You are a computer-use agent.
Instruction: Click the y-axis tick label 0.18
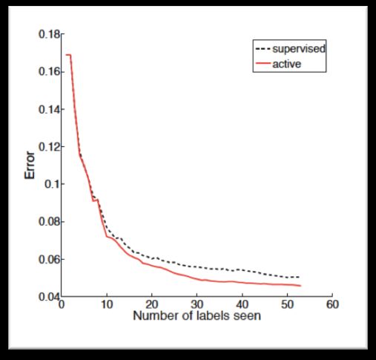tap(50, 34)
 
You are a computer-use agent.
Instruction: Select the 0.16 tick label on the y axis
tap(50, 72)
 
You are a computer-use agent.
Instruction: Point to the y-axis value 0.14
tap(50, 109)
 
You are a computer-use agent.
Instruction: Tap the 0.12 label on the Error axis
tap(50, 147)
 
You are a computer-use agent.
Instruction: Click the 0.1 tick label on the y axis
tap(53, 184)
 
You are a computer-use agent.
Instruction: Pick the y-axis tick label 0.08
tap(50, 221)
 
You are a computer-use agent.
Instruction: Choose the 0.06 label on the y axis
tap(50, 259)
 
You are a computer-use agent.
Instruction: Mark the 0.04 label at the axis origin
tap(49, 296)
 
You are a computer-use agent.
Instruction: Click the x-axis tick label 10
tap(107, 304)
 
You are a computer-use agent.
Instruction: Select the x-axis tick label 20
tap(152, 304)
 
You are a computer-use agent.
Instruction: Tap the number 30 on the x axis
tap(197, 304)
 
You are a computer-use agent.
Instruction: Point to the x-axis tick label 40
tap(243, 304)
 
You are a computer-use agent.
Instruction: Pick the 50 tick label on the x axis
tap(287, 304)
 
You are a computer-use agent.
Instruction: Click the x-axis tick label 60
tap(332, 304)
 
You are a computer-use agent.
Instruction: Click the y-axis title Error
tap(30, 165)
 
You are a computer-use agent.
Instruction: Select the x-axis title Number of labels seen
tap(197, 316)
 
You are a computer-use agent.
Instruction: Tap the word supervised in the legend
tap(299, 49)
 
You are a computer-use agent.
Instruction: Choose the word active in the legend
tap(287, 64)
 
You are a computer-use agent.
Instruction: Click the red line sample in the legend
tap(263, 63)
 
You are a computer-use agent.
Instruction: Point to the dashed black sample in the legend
tap(263, 49)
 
